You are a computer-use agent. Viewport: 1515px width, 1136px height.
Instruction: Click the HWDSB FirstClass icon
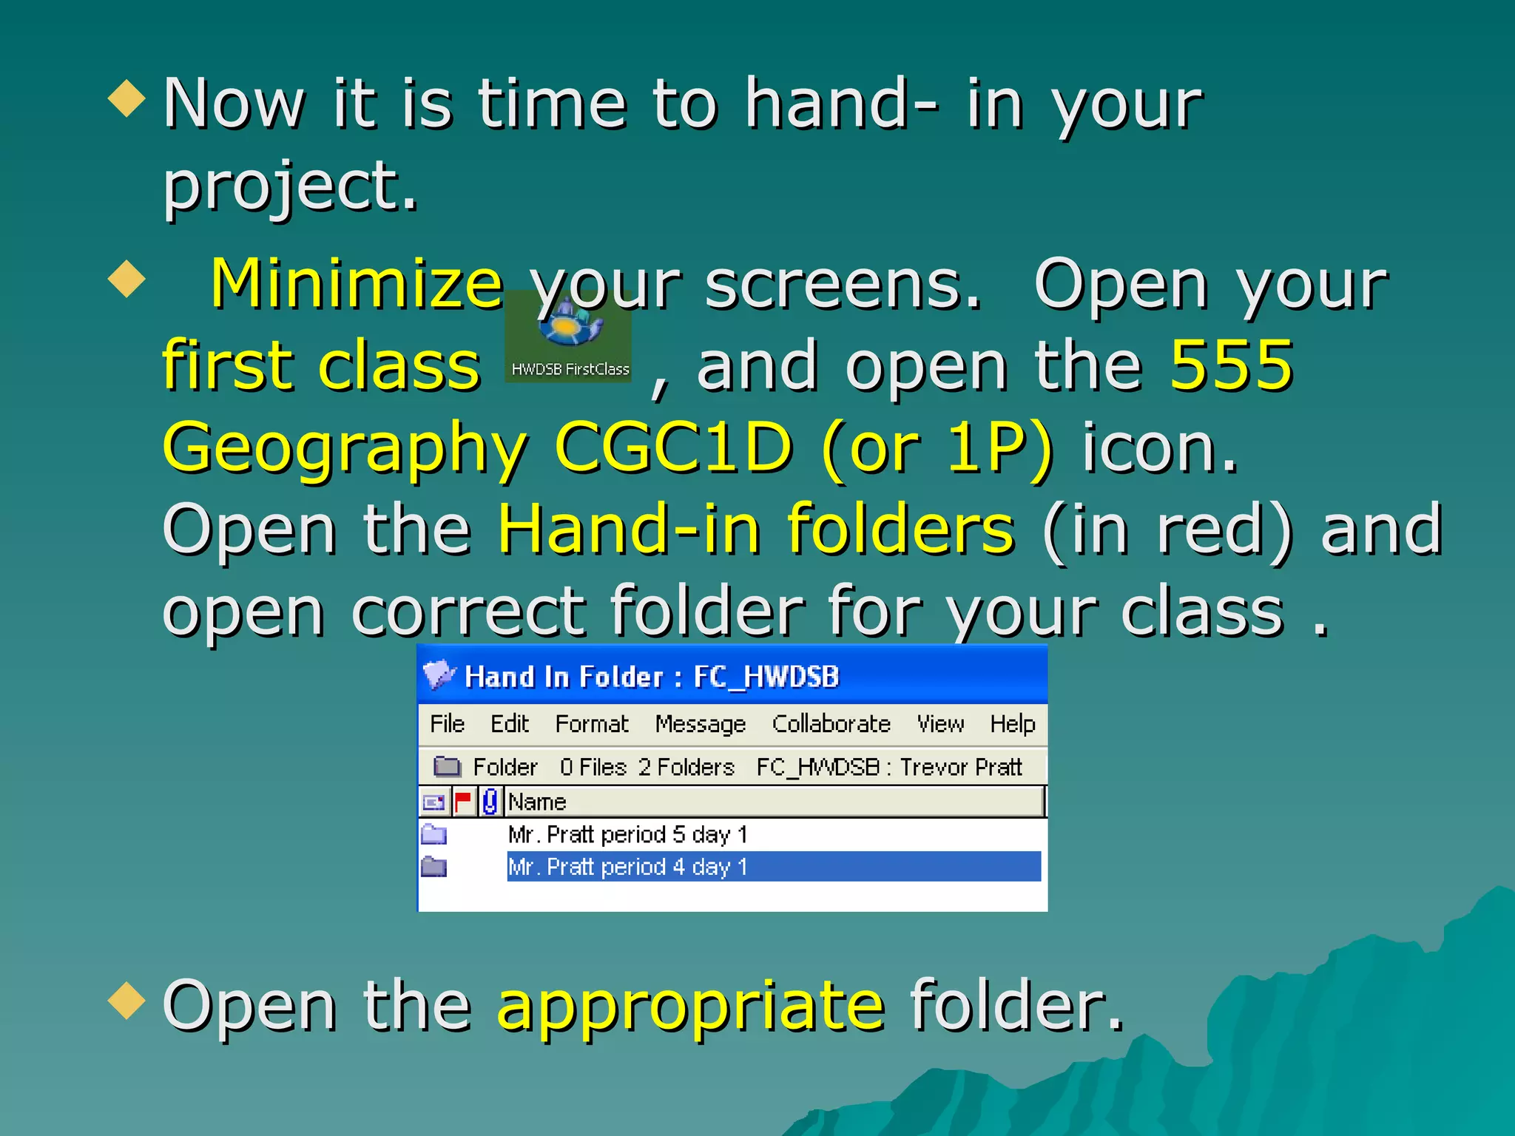[568, 337]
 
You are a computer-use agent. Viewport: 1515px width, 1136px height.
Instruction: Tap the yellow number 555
[1231, 365]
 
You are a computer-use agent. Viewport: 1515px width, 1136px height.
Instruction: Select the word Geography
[345, 448]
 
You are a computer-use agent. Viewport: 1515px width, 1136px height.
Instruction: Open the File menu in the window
[447, 723]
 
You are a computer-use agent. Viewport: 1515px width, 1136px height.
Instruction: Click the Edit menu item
[510, 723]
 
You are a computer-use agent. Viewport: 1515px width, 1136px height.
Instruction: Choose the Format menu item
[592, 723]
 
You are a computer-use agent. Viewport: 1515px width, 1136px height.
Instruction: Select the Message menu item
[700, 723]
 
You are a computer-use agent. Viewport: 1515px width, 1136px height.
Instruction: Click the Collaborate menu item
[831, 723]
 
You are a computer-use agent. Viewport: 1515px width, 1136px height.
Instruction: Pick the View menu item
[940, 723]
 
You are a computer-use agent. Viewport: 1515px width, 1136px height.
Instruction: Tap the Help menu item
[1012, 723]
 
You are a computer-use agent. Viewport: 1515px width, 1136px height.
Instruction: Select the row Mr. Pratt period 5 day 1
[627, 834]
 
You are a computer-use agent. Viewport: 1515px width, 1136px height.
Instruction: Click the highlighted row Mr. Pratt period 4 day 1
[627, 866]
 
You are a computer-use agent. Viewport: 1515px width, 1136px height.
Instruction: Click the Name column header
[538, 802]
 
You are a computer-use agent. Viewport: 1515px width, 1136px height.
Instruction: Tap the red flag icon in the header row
[463, 802]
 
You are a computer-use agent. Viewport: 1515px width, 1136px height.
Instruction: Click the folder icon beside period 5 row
[434, 834]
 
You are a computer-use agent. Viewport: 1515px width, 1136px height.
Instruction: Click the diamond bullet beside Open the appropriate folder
[126, 1000]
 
